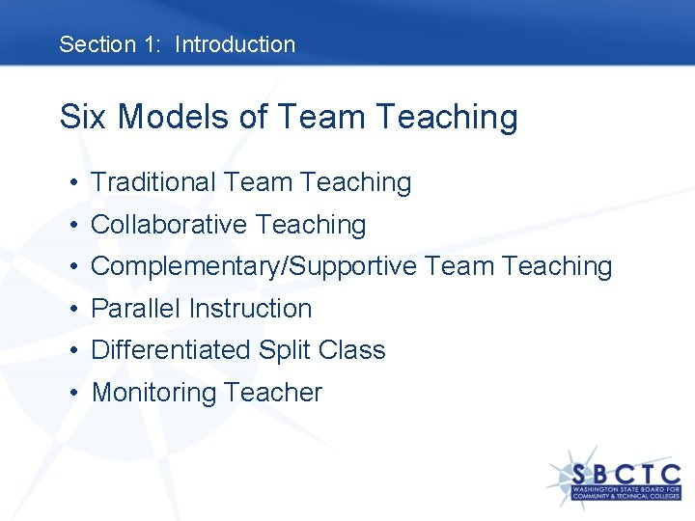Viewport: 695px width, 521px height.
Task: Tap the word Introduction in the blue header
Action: click(235, 44)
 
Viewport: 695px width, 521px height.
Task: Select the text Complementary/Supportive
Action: click(254, 267)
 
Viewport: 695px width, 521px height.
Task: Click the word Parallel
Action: click(136, 309)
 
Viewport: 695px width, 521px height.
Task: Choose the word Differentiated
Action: click(170, 350)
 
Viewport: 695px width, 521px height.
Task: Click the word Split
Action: click(282, 350)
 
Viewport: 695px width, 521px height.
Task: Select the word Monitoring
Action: click(153, 393)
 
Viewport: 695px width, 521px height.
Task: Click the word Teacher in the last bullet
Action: click(273, 393)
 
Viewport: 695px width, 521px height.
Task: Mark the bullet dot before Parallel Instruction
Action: click(73, 310)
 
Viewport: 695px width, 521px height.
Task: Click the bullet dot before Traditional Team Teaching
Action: click(73, 183)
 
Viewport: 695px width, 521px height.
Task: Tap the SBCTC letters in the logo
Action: click(625, 476)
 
